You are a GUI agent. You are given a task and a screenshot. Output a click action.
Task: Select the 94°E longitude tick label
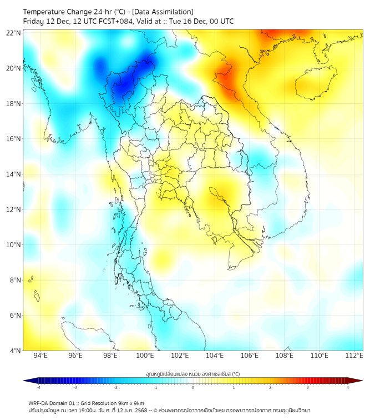pos(40,356)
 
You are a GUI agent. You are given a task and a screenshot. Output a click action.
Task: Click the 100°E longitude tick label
pos(145,356)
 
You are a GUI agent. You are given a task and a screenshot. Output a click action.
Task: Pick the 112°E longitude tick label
pos(354,356)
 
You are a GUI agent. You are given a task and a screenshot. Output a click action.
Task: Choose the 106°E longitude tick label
pos(250,356)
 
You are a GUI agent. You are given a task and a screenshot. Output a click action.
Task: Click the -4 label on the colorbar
pos(38,387)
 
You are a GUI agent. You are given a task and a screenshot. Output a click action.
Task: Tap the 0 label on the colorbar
pos(193,387)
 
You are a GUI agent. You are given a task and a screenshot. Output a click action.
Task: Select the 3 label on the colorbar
pos(309,387)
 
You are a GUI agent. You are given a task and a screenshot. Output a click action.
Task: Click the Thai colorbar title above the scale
pos(192,373)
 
